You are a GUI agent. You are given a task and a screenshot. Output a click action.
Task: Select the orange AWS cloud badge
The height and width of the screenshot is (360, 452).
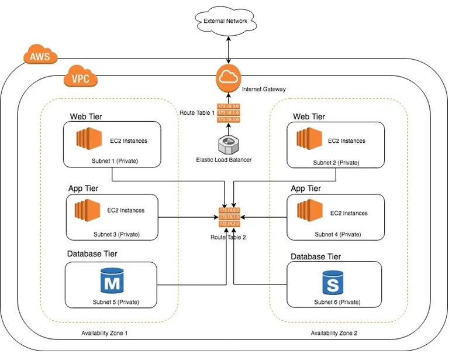tap(40, 57)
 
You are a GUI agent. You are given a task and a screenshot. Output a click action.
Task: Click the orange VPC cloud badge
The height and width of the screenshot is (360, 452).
tap(80, 78)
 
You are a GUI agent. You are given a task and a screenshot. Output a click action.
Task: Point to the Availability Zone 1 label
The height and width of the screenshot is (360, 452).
tap(105, 333)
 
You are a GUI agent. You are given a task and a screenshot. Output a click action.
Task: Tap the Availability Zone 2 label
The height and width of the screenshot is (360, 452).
tap(334, 333)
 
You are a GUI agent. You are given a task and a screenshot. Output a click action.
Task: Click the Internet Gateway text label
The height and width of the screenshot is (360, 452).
tap(264, 90)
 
